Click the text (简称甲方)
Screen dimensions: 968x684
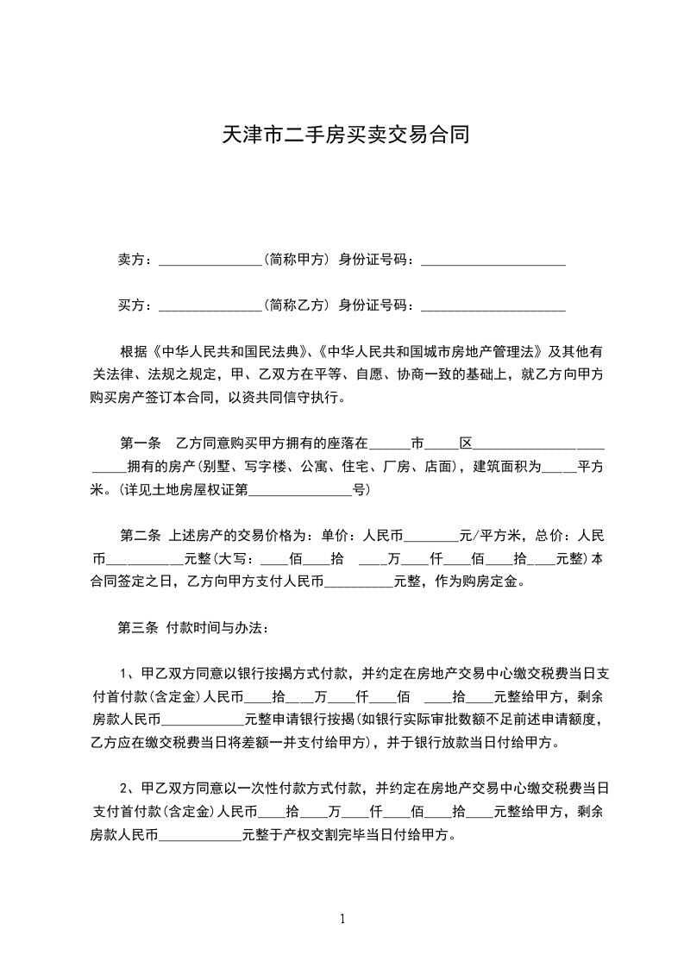click(x=298, y=259)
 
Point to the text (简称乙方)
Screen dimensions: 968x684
click(x=298, y=305)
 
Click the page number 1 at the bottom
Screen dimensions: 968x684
click(x=342, y=919)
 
